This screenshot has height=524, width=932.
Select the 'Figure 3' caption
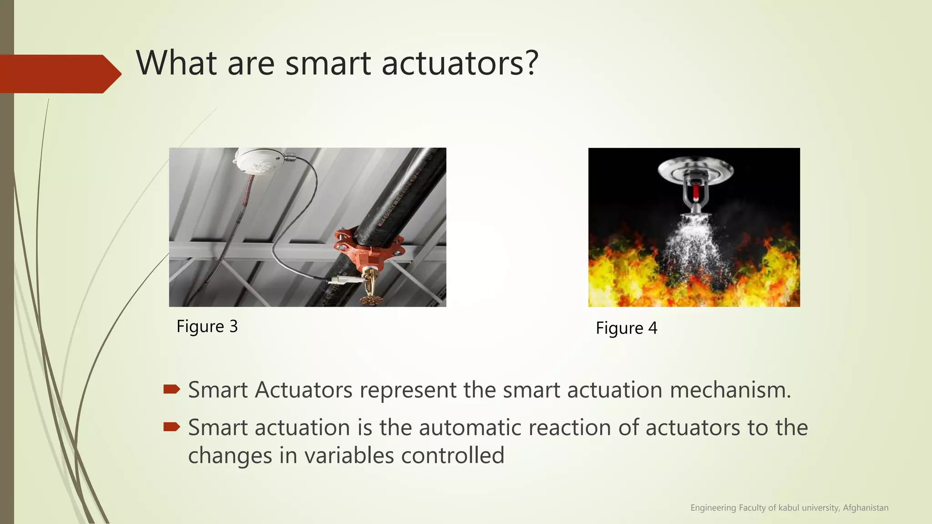coord(207,327)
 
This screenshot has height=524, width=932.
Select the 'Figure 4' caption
coord(626,328)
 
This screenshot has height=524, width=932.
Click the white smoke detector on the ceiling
coord(258,162)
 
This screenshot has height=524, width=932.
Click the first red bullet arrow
coord(172,389)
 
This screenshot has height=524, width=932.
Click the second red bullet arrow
coord(172,427)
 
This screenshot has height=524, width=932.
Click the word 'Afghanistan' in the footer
coord(865,508)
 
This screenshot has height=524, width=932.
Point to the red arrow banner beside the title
coord(59,74)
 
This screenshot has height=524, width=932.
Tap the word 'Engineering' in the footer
coord(713,508)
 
